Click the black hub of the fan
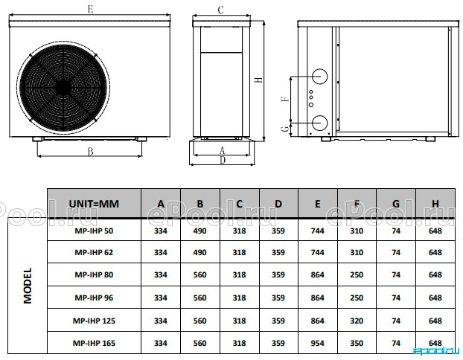pyautogui.click(x=63, y=87)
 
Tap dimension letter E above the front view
pyautogui.click(x=90, y=9)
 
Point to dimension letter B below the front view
pyautogui.click(x=90, y=152)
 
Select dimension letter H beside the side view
pyautogui.click(x=258, y=80)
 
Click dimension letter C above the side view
pyautogui.click(x=220, y=10)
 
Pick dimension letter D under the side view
pyautogui.click(x=223, y=160)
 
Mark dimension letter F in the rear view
pyautogui.click(x=285, y=98)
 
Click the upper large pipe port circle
pyautogui.click(x=319, y=77)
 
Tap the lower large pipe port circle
pyautogui.click(x=319, y=123)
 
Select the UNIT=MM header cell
pyautogui.click(x=94, y=204)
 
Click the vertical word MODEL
pyautogui.click(x=28, y=286)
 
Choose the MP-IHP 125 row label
pyautogui.click(x=94, y=321)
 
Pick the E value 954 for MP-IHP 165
pyautogui.click(x=317, y=343)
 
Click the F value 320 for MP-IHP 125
pyautogui.click(x=357, y=321)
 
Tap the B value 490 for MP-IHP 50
pyautogui.click(x=199, y=231)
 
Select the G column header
pyautogui.click(x=396, y=204)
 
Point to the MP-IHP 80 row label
pyautogui.click(x=94, y=274)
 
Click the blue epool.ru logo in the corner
pyautogui.click(x=436, y=350)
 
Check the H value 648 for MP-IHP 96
pyautogui.click(x=435, y=298)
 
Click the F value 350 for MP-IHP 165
pyautogui.click(x=357, y=343)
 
